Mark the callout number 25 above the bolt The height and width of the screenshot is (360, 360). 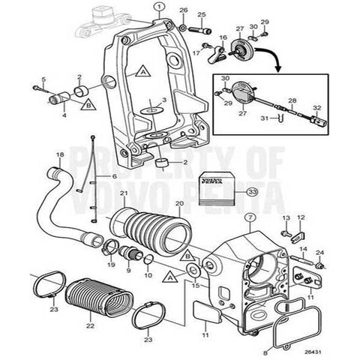201,14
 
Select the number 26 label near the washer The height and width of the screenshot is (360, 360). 182,10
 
